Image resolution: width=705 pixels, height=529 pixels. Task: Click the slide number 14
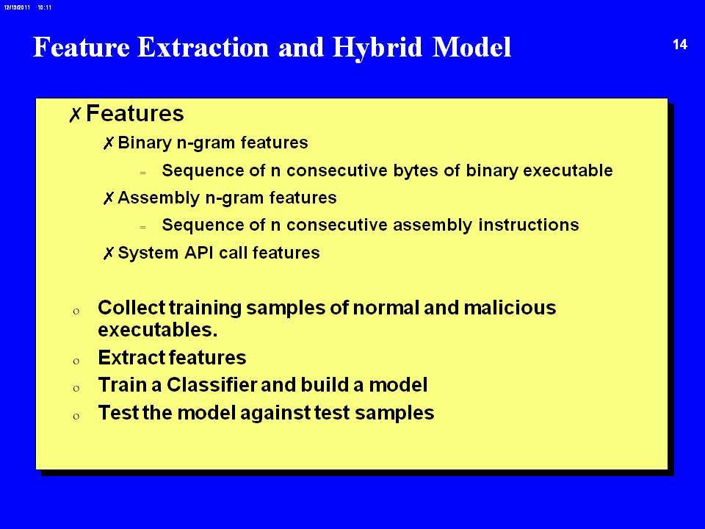point(680,45)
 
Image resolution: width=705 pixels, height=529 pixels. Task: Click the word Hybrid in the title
point(377,47)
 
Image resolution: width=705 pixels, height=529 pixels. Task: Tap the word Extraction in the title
point(203,47)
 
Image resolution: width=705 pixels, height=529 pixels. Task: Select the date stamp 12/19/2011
point(17,7)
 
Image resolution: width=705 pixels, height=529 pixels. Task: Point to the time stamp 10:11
point(45,7)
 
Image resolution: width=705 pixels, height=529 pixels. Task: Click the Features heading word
point(135,113)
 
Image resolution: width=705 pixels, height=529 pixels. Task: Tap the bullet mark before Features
point(75,115)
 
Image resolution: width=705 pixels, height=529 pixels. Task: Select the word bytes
point(416,171)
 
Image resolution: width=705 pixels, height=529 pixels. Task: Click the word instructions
point(528,225)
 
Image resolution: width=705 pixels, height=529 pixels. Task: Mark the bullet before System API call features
point(108,253)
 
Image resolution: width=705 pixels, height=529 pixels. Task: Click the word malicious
point(510,308)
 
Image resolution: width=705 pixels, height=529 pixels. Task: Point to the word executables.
point(158,330)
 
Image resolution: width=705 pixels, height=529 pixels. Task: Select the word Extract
point(132,358)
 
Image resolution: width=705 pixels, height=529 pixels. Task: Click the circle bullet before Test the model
point(76,416)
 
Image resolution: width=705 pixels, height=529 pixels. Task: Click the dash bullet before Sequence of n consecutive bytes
point(143,173)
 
